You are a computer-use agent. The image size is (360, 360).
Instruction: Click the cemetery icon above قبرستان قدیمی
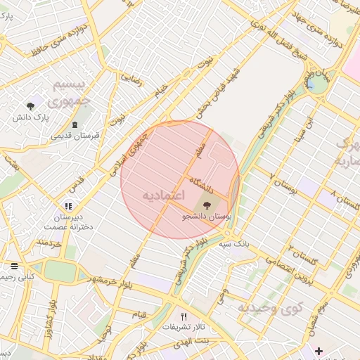tap(75, 124)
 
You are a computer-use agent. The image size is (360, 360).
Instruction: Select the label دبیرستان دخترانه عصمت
tap(67, 222)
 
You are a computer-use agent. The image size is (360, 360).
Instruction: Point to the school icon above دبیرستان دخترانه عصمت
tap(68, 206)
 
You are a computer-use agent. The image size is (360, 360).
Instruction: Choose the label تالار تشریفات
tap(182, 328)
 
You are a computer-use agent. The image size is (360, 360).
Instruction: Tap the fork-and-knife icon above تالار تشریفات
tap(184, 316)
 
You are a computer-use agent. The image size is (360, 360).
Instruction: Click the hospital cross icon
tap(318, 350)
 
